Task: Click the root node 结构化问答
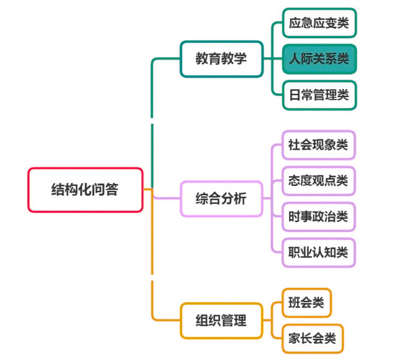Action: pos(85,190)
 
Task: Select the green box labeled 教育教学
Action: pos(221,58)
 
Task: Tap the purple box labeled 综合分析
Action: pos(221,199)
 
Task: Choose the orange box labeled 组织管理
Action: pos(221,321)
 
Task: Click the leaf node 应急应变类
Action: pos(319,24)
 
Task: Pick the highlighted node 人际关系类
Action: pos(319,59)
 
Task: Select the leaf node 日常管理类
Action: pos(319,95)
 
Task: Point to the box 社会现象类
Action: pos(318,145)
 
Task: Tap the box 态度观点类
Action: pos(318,181)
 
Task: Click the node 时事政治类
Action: pos(318,217)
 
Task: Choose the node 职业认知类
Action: pos(318,252)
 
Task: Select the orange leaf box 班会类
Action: pos(306,303)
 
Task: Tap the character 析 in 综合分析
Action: pos(240,199)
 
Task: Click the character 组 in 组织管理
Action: pos(203,321)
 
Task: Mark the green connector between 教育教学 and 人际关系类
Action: pos(272,59)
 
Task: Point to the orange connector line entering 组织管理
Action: pos(167,321)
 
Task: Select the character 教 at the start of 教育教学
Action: pos(203,58)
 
